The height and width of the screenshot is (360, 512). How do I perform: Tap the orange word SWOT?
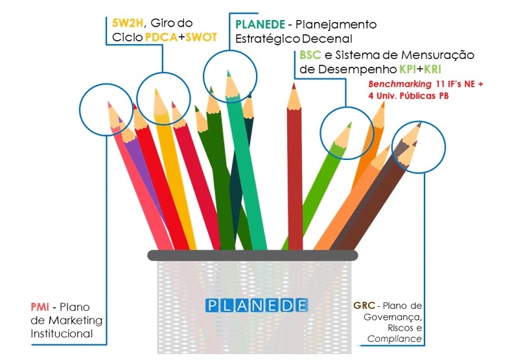point(201,37)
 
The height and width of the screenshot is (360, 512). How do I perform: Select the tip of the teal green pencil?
point(227,73)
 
